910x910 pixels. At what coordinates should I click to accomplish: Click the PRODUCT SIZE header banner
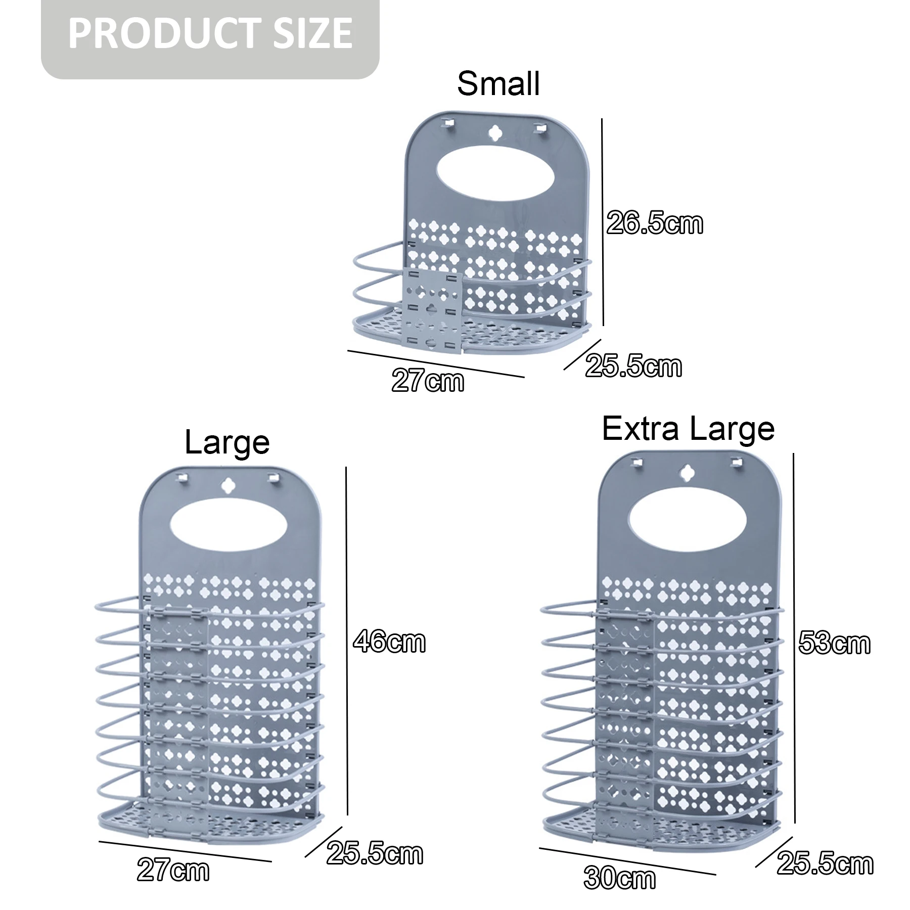[210, 34]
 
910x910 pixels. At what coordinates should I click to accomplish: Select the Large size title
[227, 442]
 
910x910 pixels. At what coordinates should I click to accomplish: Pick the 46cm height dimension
[389, 642]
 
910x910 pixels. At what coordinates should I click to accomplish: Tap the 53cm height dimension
[834, 643]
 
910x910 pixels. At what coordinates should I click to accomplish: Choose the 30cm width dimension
[620, 878]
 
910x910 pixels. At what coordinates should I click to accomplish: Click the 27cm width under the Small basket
[428, 381]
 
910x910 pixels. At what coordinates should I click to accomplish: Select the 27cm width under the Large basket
[173, 870]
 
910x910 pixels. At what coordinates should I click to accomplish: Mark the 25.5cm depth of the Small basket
[633, 366]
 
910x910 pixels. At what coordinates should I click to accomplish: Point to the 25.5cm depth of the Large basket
[375, 854]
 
